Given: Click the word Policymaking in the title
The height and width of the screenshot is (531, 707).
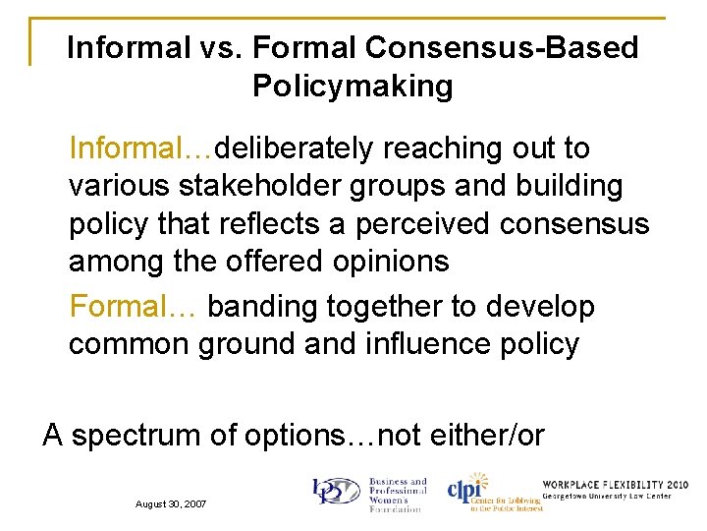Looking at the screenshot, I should [353, 87].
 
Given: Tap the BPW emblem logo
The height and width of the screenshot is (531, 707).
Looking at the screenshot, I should [336, 493].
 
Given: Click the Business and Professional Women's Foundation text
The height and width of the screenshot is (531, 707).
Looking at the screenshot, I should [397, 495].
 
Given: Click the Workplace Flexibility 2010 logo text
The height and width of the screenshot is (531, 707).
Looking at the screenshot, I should [615, 485].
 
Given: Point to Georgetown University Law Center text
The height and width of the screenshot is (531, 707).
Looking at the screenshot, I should [615, 496].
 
